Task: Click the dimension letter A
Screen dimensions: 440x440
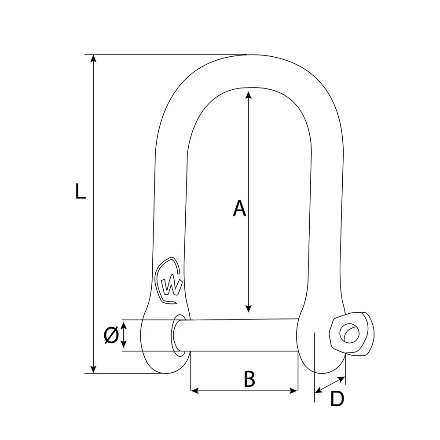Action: point(239,209)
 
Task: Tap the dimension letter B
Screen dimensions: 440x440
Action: point(249,379)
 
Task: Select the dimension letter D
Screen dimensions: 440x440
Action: point(337,399)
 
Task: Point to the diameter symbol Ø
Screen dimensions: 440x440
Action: point(111,336)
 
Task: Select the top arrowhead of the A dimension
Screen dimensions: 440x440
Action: point(249,95)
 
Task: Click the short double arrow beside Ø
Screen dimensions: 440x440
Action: point(124,334)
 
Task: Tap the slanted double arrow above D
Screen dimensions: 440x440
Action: point(330,384)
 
